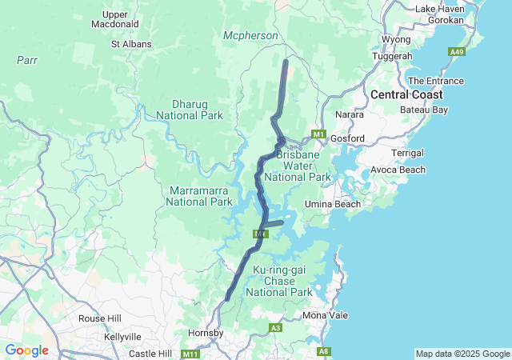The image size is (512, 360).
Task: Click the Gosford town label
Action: tap(347, 138)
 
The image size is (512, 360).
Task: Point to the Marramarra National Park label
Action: tap(199, 196)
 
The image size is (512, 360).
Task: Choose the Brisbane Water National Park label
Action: tap(303, 165)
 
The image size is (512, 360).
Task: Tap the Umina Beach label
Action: tap(333, 205)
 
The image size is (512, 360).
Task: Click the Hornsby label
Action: tap(204, 332)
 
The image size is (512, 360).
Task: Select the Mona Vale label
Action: tap(326, 315)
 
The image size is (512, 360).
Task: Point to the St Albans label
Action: tap(131, 44)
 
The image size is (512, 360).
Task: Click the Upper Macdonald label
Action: tap(115, 19)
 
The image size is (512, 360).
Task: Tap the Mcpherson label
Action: tap(250, 36)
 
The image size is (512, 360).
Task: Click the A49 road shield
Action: tap(457, 52)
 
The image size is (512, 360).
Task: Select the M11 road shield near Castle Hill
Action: tap(190, 354)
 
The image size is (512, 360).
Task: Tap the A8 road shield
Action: tap(324, 351)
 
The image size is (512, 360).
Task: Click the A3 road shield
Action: tap(275, 328)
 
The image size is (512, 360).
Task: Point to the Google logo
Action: tap(26, 350)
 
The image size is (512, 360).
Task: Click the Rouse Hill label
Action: tap(98, 318)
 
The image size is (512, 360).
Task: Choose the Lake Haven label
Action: tap(441, 8)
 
